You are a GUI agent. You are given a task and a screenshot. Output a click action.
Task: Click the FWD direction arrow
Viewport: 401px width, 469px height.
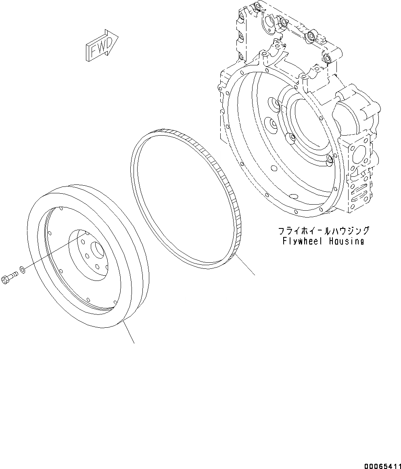(x=101, y=46)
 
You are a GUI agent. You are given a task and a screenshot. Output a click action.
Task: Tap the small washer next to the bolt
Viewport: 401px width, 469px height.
(x=23, y=270)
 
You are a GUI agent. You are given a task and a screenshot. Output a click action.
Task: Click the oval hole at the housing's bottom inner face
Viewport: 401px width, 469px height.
(x=295, y=196)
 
